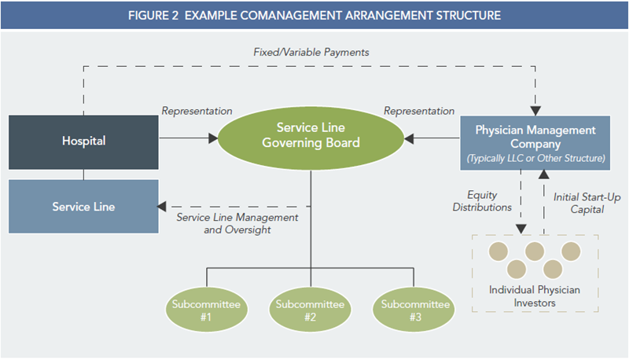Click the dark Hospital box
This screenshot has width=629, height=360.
click(x=83, y=142)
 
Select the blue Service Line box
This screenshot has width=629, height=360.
click(x=83, y=207)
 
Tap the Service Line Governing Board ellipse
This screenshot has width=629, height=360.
click(x=311, y=138)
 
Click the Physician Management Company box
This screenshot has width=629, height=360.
click(x=535, y=143)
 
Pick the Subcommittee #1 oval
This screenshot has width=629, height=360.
click(x=206, y=310)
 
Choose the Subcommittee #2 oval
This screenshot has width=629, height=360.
click(x=310, y=310)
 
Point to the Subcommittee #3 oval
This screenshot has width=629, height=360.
click(x=414, y=310)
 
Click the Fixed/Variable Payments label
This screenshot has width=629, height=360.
click(x=311, y=52)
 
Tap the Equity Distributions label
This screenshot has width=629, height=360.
click(x=482, y=201)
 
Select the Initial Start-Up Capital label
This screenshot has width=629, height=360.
click(x=587, y=204)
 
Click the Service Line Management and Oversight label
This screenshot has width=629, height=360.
click(x=237, y=223)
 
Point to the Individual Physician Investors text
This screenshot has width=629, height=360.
click(x=535, y=296)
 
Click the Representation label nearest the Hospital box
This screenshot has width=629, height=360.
click(x=197, y=111)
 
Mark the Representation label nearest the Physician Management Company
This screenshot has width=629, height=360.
click(x=419, y=111)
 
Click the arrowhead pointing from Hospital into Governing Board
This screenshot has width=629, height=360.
click(x=213, y=138)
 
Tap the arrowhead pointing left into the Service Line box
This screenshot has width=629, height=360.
click(x=161, y=207)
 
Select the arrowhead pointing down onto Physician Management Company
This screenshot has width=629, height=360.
click(x=535, y=111)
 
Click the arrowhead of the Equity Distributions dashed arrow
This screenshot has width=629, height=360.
click(x=521, y=229)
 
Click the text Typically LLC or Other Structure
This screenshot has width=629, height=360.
click(x=536, y=158)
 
